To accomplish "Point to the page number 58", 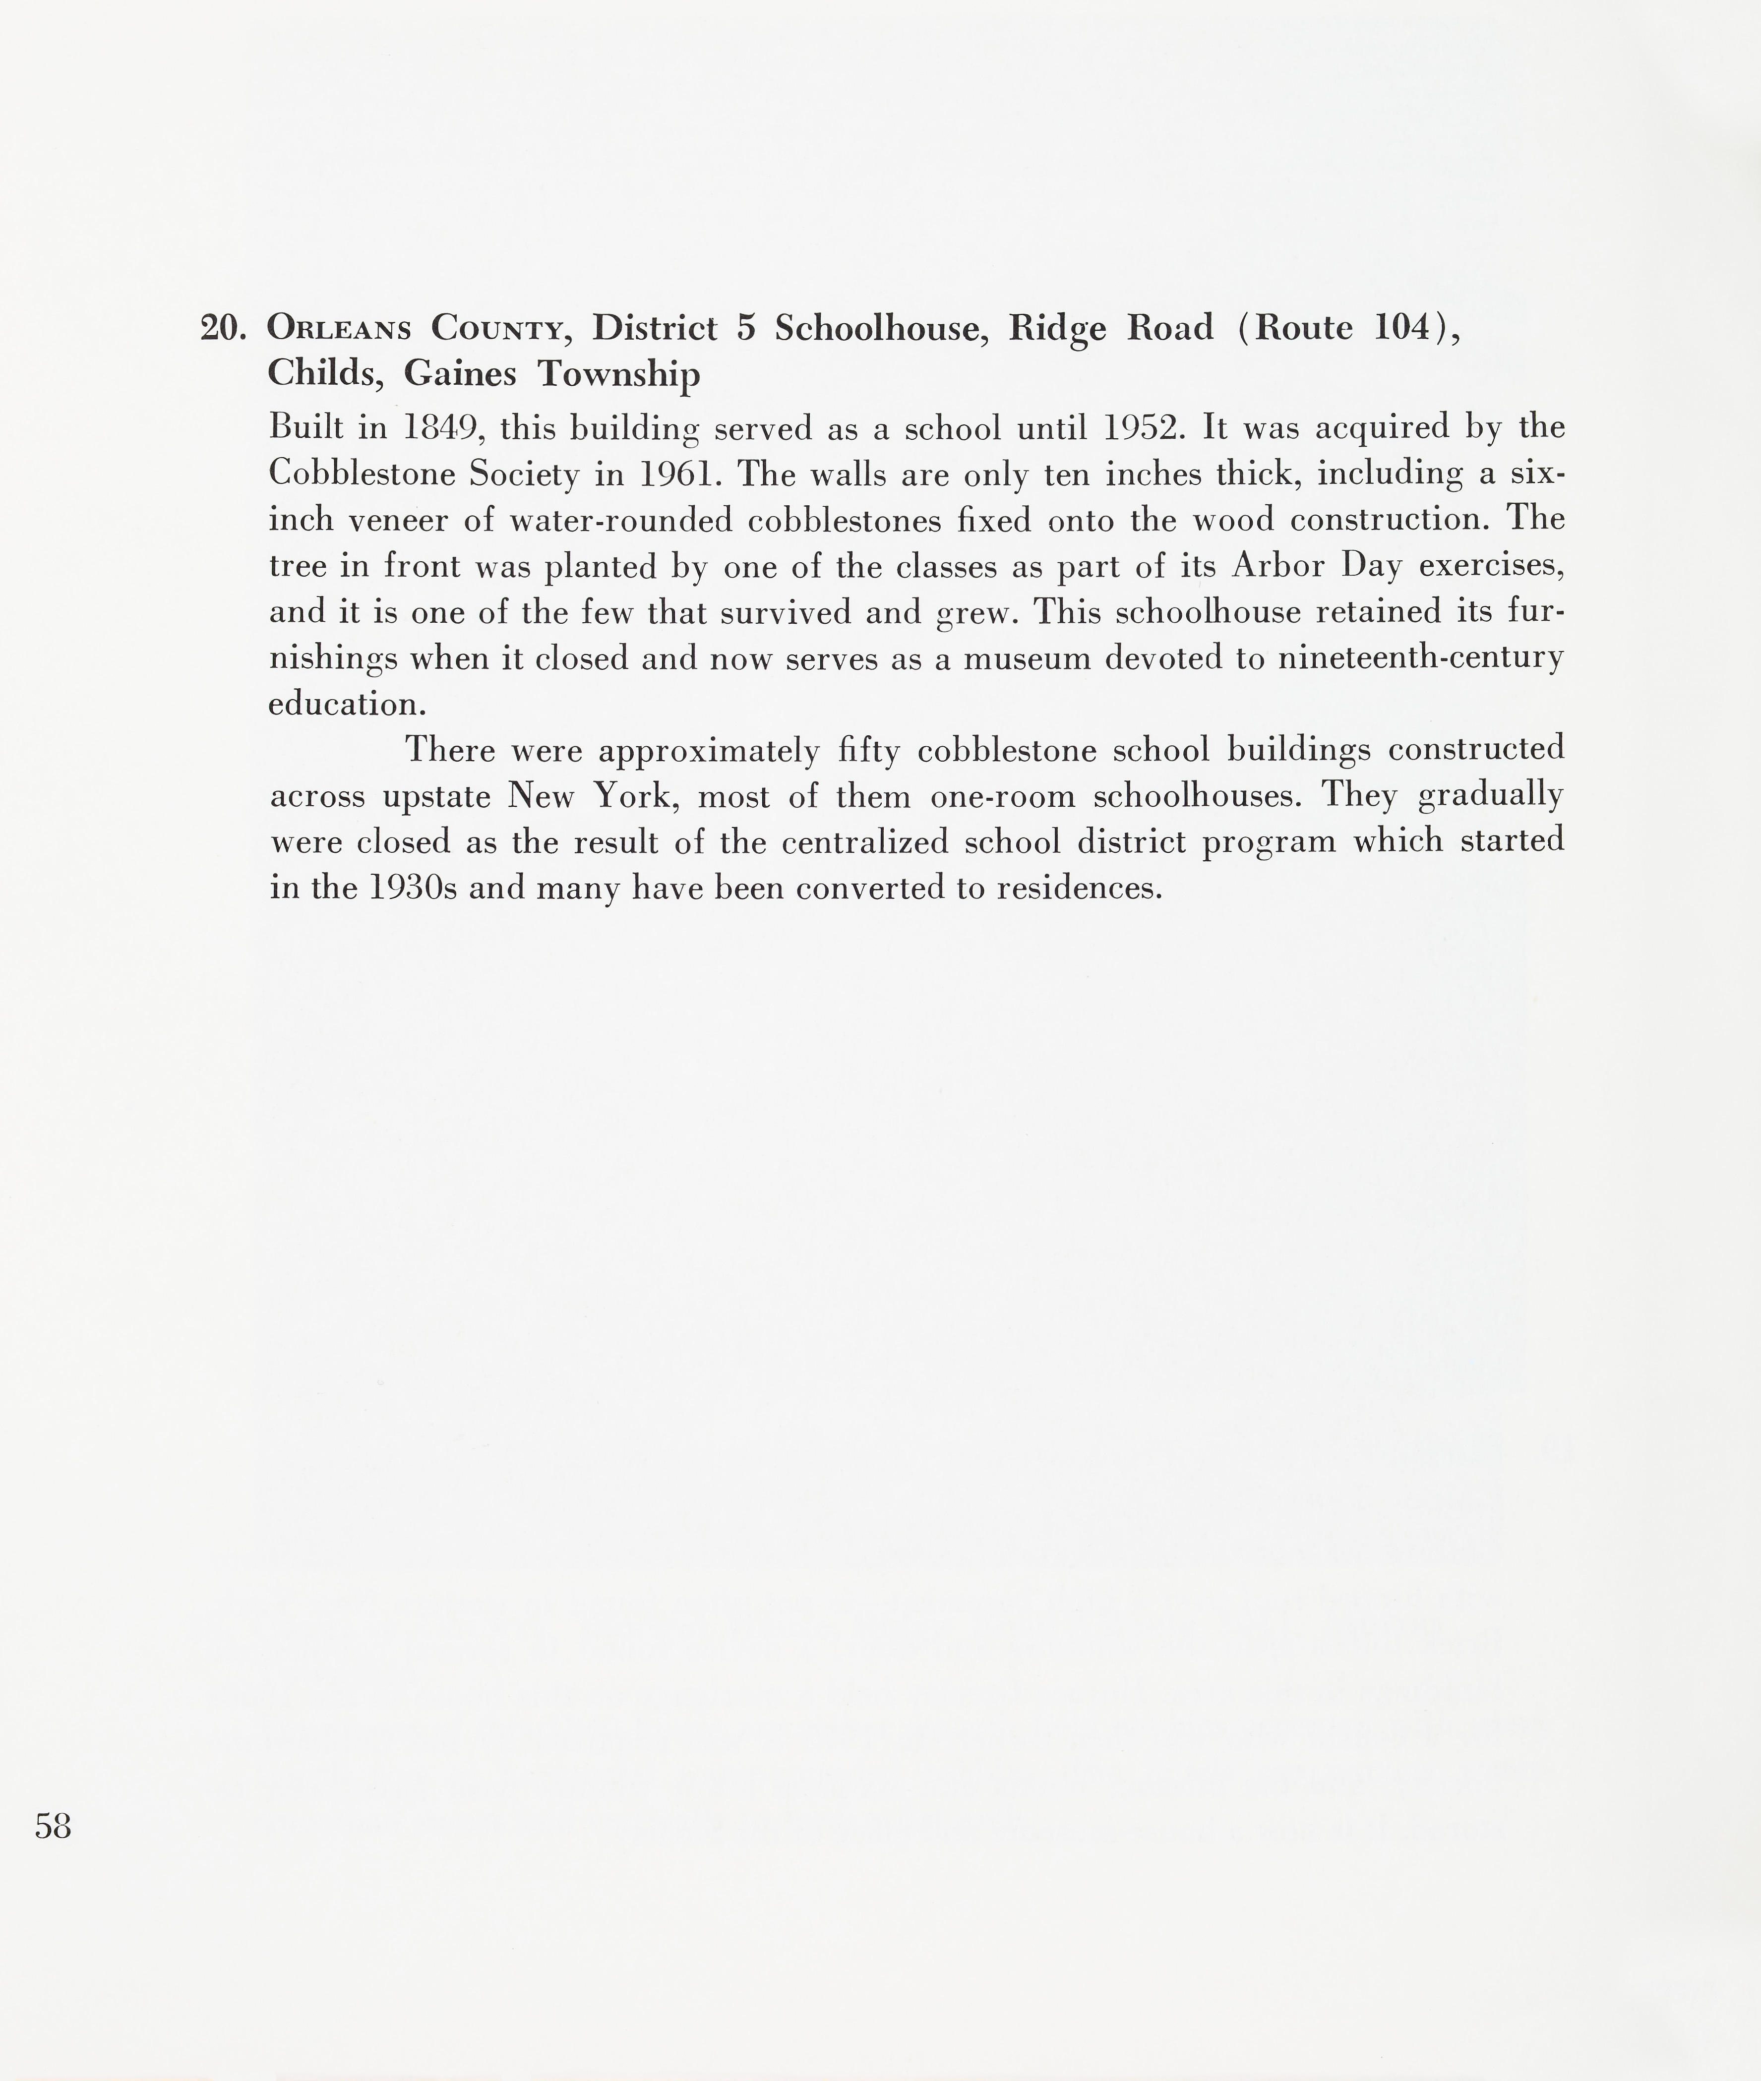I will tap(53, 1827).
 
